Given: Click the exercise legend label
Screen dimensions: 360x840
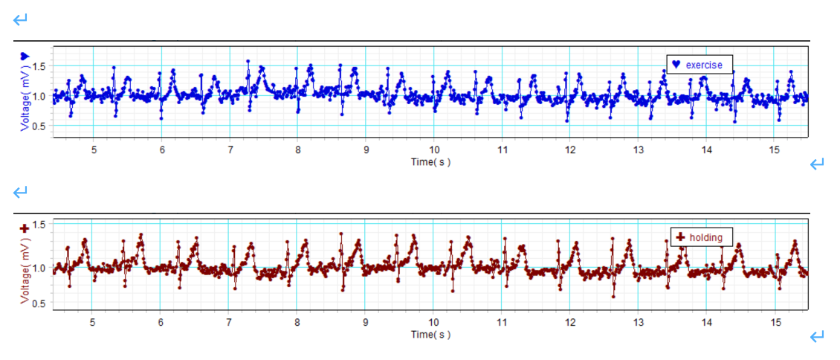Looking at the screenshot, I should [x=704, y=65].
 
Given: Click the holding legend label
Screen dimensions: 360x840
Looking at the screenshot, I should [x=705, y=237].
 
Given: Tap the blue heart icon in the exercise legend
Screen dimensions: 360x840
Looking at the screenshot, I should [x=676, y=65].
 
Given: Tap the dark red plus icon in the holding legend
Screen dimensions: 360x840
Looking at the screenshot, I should [x=679, y=237].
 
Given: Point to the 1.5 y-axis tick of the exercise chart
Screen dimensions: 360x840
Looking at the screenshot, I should [x=39, y=66].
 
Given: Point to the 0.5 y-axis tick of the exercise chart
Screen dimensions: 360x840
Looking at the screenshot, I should [x=39, y=126].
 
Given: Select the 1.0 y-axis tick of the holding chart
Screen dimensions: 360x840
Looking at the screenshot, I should [x=39, y=268].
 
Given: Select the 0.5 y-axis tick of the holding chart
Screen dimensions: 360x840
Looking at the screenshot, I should [x=39, y=303].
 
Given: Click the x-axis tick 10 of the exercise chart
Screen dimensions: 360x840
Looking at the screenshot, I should [x=434, y=150].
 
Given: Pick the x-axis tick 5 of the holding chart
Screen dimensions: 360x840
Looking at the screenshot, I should [x=93, y=323].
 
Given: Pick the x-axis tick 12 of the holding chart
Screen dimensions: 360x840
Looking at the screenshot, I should [x=570, y=323].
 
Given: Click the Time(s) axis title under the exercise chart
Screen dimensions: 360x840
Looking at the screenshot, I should [x=430, y=161].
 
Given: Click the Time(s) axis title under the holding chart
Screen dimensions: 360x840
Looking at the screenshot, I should [x=430, y=334].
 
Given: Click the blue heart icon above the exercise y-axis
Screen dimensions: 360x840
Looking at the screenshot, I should [x=25, y=56].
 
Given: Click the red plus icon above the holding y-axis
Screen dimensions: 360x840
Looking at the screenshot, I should [x=25, y=228].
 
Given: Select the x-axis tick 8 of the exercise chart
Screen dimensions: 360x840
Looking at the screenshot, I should [x=297, y=150].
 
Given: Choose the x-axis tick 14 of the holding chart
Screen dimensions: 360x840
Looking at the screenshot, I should [x=706, y=323].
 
